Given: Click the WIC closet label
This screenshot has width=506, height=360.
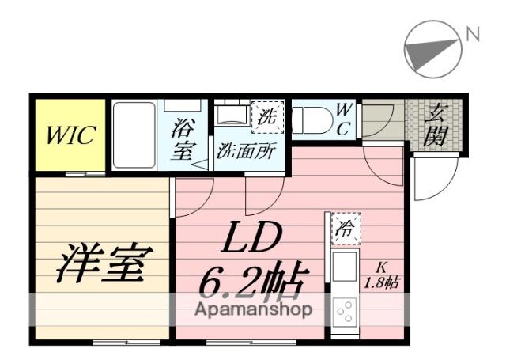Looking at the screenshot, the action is (70, 135).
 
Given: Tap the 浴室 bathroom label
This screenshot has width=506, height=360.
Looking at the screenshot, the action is (183, 139).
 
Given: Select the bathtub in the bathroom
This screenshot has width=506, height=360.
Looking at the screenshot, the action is (134, 135).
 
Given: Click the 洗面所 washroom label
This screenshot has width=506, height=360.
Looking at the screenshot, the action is (247, 151).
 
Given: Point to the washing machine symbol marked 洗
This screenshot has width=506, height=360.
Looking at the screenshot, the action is (267, 117).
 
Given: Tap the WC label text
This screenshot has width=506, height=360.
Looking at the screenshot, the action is (343, 119).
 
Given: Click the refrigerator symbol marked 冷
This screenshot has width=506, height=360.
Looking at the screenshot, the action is (346, 229).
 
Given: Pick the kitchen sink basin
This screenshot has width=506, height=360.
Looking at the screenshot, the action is (345, 267).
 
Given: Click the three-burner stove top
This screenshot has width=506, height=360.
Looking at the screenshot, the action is (345, 311).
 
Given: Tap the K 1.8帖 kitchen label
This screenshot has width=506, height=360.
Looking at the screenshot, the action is (382, 275).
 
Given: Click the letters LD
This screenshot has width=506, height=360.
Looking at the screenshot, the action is (251, 237).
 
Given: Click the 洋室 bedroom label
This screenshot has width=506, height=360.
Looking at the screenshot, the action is (104, 263).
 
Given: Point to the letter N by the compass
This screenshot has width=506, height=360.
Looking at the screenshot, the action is (473, 34).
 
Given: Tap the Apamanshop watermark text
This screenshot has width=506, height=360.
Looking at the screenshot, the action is (253, 309).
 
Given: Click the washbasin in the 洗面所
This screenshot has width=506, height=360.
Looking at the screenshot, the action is (232, 114).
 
